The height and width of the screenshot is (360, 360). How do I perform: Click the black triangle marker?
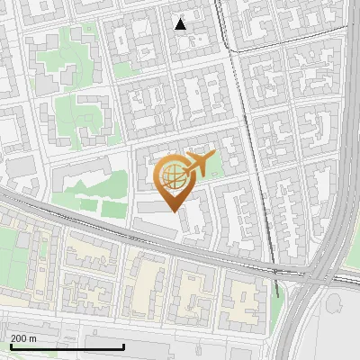click(181, 24)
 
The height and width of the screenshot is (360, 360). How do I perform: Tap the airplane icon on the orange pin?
click(198, 164)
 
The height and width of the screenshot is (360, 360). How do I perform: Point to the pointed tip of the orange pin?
click(175, 211)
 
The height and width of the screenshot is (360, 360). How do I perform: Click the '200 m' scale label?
click(24, 338)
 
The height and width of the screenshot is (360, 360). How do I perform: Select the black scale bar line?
click(67, 347)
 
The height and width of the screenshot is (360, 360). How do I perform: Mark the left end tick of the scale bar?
click(11, 346)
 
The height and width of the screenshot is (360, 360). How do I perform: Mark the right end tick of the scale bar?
click(123, 346)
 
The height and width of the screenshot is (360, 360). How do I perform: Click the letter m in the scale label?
click(33, 338)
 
